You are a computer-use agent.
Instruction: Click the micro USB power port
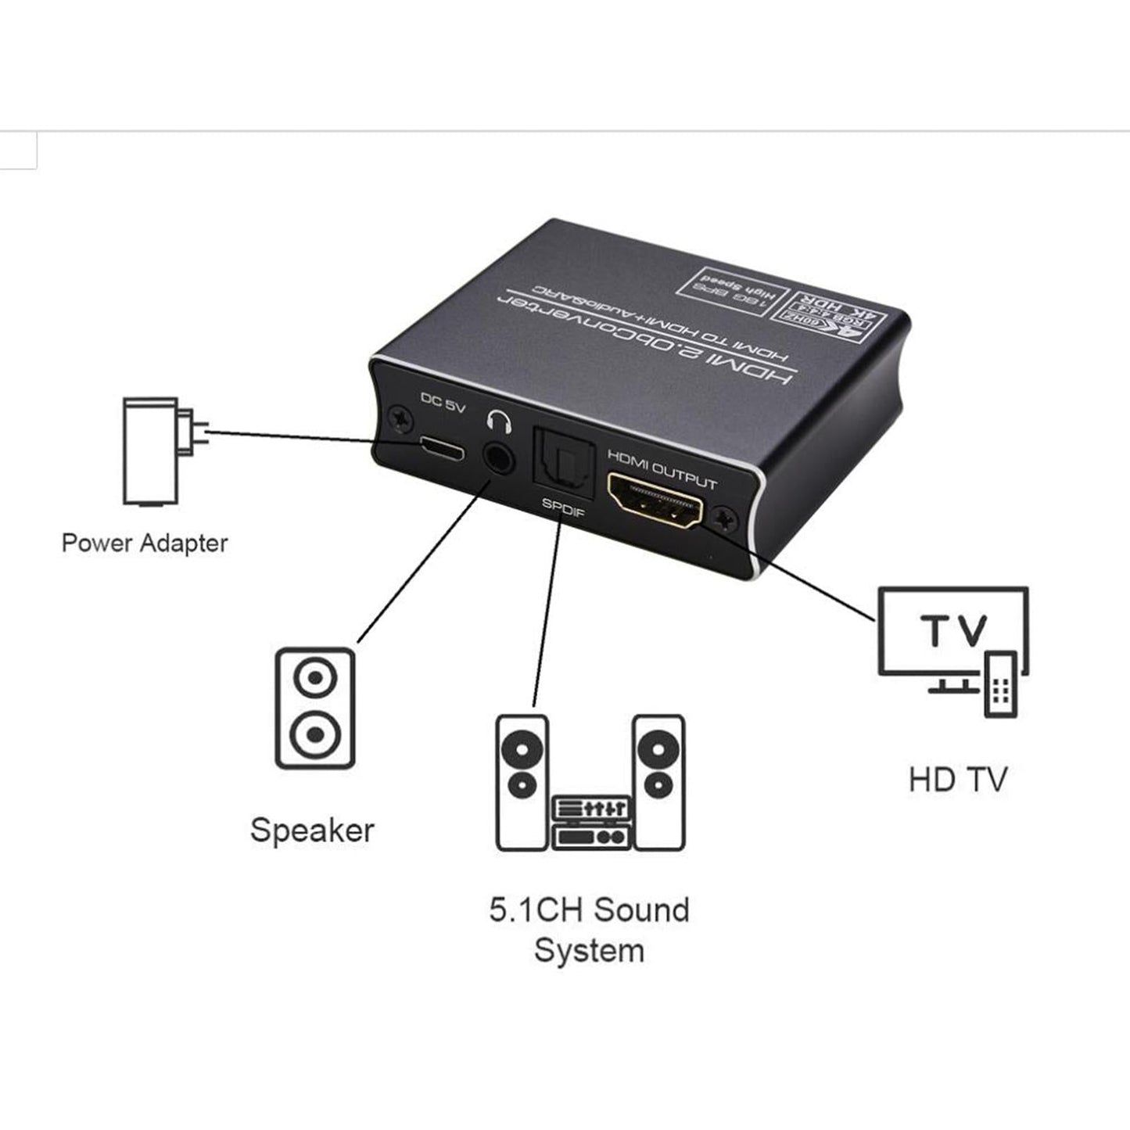point(440,448)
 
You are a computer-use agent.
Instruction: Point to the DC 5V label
point(443,403)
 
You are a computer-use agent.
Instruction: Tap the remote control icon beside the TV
point(1001,683)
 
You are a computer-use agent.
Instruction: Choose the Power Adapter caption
point(145,543)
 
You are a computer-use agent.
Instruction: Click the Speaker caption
point(312,830)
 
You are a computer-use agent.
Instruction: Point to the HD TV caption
point(958,780)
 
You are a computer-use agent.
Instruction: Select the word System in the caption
point(589,951)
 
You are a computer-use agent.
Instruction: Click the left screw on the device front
point(402,418)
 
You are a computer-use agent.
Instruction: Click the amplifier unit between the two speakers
point(590,822)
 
